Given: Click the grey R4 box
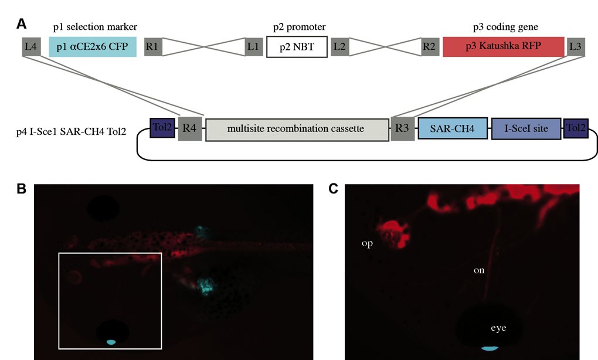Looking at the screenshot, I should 190,128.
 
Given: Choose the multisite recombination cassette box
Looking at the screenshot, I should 297,130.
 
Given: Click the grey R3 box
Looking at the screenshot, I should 402,128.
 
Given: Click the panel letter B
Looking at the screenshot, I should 21,189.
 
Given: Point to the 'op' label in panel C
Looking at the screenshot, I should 367,243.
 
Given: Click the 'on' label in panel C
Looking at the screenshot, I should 479,270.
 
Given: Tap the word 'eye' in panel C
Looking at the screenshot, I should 498,328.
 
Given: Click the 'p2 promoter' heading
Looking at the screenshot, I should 300,27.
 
